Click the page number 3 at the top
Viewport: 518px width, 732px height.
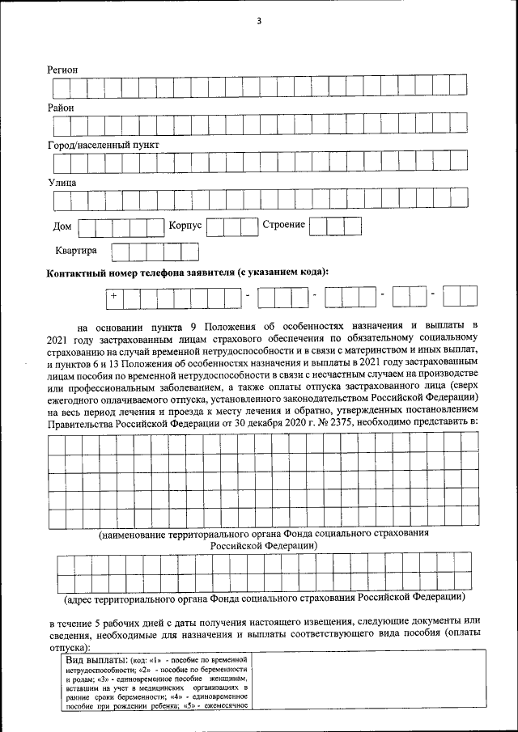point(259,21)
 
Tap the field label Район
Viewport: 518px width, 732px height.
point(61,108)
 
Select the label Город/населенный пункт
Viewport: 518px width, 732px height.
point(103,145)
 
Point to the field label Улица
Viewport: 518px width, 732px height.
point(62,182)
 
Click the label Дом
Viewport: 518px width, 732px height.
point(62,226)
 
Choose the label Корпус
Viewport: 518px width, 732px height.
point(185,225)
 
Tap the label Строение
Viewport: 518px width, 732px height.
point(283,224)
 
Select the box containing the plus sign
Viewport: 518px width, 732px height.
point(114,297)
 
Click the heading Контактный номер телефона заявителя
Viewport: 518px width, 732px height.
point(189,272)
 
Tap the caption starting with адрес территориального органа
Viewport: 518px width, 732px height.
point(264,599)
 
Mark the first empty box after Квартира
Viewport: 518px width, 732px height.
point(119,252)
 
